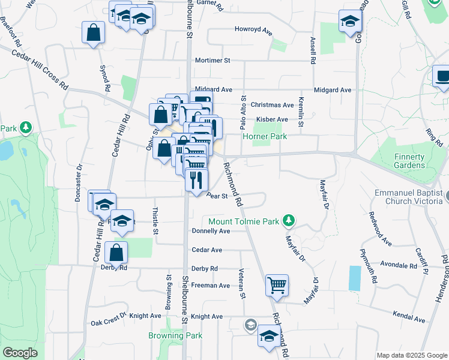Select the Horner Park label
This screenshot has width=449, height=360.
click(x=265, y=137)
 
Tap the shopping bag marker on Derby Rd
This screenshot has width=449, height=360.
click(x=116, y=253)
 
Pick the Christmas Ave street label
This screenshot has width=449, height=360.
click(x=272, y=104)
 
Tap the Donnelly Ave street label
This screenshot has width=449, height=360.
click(x=211, y=231)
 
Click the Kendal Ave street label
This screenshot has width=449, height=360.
click(x=408, y=314)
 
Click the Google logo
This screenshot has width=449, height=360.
click(x=20, y=353)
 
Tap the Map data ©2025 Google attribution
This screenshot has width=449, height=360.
click(x=411, y=355)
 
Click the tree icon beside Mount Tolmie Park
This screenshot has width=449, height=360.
click(x=289, y=221)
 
